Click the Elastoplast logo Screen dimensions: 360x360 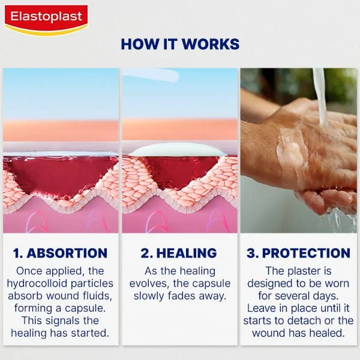[x=46, y=19]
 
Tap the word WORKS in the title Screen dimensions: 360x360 [x=215, y=44]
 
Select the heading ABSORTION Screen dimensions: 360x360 [x=67, y=253]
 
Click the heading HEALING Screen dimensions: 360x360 [x=186, y=253]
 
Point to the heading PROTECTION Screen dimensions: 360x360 [x=306, y=253]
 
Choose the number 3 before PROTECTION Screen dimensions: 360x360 [x=253, y=253]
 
